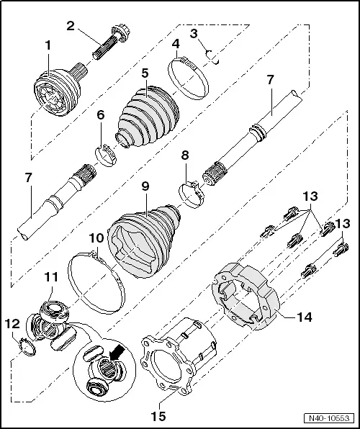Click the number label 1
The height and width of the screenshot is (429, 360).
(x=48, y=45)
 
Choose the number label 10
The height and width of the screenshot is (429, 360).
(x=96, y=237)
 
